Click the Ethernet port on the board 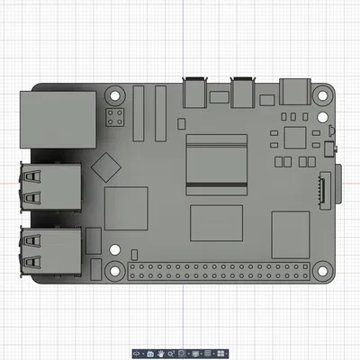(x=57, y=118)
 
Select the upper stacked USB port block (x=50, y=186)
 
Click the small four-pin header (x=116, y=116)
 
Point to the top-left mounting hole (x=114, y=93)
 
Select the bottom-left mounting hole (x=114, y=269)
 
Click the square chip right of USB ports (x=126, y=210)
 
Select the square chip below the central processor (x=216, y=223)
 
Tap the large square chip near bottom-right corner (x=291, y=233)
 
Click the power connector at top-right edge (x=296, y=90)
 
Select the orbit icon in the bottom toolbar (x=138, y=354)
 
